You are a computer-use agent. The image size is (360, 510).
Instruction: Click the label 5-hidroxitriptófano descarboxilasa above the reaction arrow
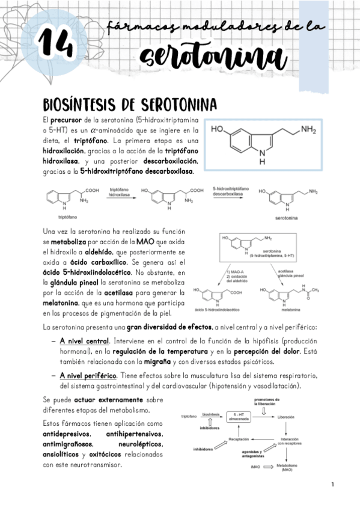pyautogui.click(x=231, y=192)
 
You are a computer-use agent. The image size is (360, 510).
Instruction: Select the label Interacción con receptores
pyautogui.click(x=290, y=441)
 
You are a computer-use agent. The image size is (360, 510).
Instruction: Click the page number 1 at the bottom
pyautogui.click(x=332, y=484)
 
